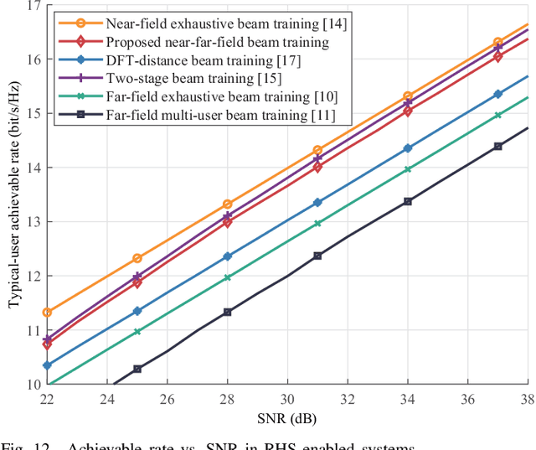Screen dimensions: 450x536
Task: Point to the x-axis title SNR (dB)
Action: click(287, 418)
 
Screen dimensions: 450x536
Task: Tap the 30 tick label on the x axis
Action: click(287, 400)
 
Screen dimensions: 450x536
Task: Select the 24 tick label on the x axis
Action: click(107, 400)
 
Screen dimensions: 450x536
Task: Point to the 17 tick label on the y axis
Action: click(33, 6)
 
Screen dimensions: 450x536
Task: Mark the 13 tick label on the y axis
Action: click(33, 222)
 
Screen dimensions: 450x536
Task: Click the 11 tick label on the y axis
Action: click(33, 330)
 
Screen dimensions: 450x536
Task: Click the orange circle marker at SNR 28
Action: click(227, 204)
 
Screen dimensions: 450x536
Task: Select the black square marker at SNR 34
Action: click(408, 201)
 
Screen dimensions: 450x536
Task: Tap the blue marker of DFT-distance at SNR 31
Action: click(317, 202)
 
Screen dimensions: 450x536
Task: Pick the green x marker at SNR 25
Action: click(137, 332)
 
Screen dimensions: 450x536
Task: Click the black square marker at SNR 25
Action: click(137, 369)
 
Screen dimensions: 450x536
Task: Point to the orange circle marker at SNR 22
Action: click(47, 313)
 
